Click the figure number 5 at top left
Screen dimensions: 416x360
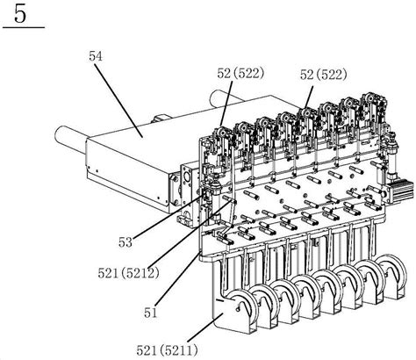[20, 14]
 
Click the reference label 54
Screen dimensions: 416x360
[96, 56]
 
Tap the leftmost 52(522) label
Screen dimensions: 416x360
[240, 74]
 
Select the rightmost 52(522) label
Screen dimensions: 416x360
[323, 76]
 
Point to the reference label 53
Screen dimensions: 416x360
[126, 242]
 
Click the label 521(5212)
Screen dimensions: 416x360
[128, 273]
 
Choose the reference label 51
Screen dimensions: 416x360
[150, 313]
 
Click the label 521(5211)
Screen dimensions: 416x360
[167, 349]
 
